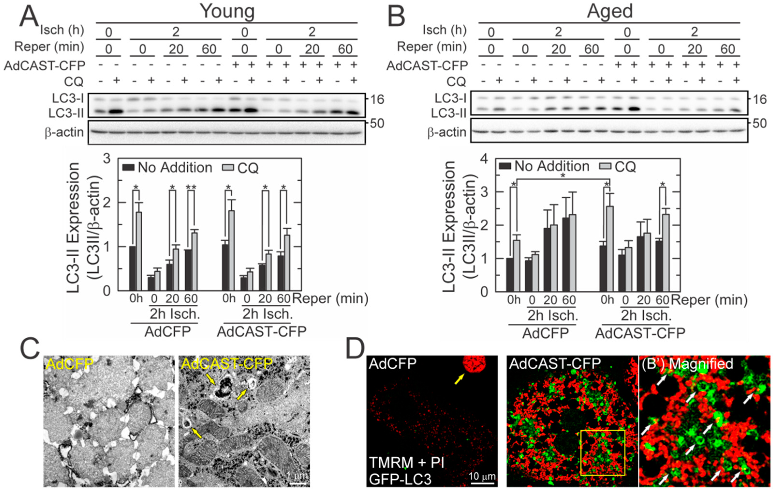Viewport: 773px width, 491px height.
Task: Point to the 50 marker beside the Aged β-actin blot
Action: tap(759, 123)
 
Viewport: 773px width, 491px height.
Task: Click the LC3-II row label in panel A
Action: tap(66, 113)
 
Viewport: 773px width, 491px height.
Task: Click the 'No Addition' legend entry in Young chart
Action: tap(175, 168)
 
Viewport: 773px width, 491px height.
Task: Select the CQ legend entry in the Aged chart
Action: tap(625, 167)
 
